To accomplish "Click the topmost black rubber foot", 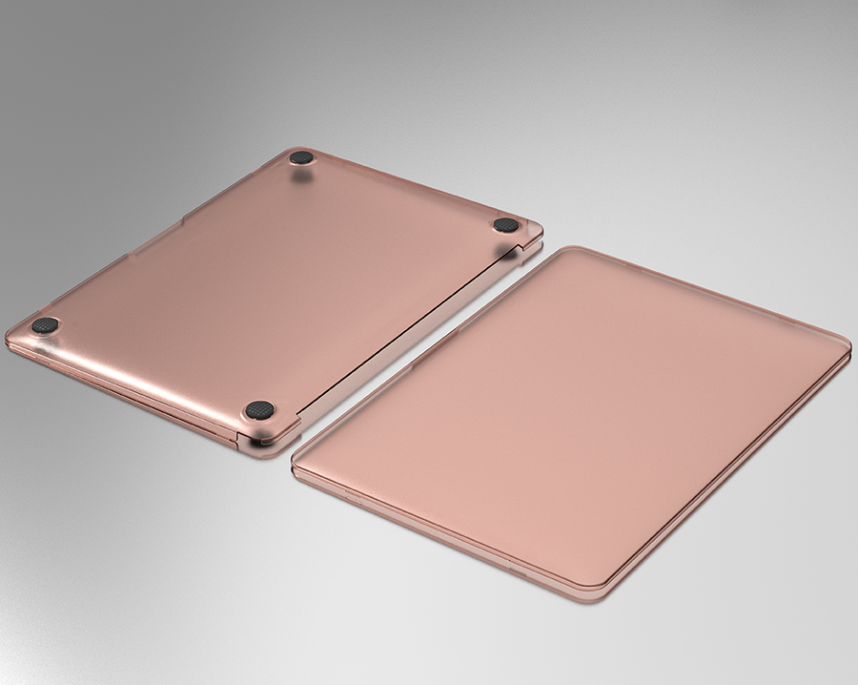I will click(x=301, y=158).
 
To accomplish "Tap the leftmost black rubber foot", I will click(x=44, y=325).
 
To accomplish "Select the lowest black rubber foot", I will click(x=259, y=410).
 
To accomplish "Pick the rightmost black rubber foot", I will click(x=506, y=225).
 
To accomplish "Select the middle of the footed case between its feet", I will click(x=276, y=286).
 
